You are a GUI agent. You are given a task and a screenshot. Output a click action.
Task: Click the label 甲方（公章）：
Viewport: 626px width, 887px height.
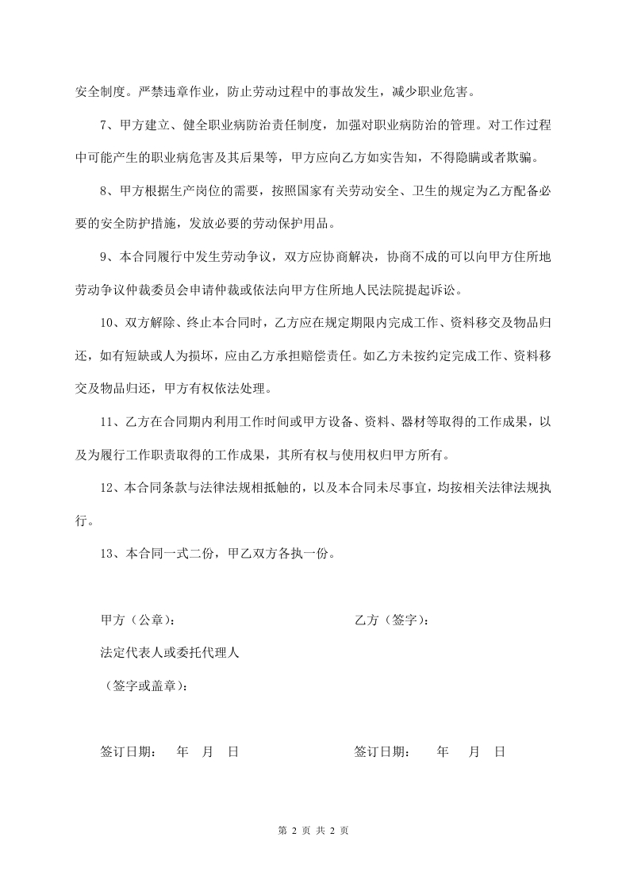click(139, 620)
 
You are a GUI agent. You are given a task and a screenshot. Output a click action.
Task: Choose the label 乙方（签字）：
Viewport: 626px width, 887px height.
click(393, 620)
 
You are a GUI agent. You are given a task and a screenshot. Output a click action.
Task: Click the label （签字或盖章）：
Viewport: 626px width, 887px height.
click(147, 685)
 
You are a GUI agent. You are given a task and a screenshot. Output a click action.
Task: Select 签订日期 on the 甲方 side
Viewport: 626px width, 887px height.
click(129, 751)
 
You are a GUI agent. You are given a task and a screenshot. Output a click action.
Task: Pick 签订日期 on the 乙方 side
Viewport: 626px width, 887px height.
click(382, 751)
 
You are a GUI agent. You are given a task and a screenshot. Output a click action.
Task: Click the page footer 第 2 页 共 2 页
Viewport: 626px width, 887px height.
click(313, 831)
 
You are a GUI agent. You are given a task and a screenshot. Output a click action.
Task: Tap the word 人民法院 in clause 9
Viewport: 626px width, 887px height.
click(371, 290)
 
